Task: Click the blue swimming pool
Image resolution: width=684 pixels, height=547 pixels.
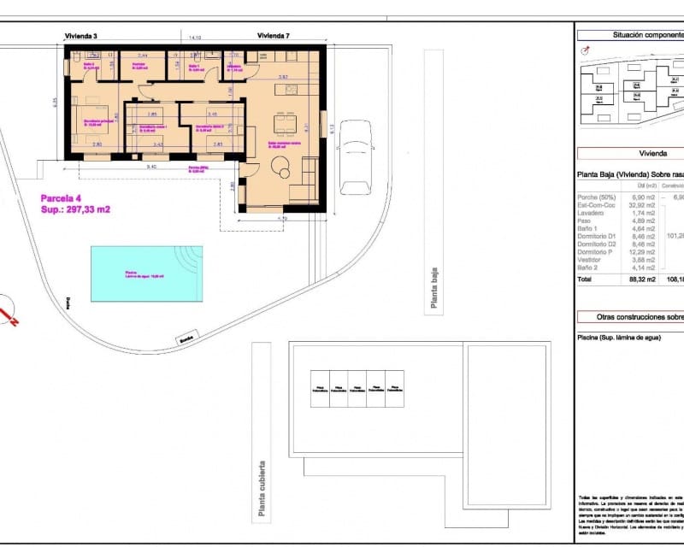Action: coord(146,273)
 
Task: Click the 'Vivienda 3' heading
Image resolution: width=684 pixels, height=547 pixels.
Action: coord(81,36)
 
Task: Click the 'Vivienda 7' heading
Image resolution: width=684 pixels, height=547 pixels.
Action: coord(274,36)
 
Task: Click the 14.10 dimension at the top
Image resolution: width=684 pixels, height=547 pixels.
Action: coord(194,38)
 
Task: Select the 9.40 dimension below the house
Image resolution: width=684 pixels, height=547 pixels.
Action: coord(151,166)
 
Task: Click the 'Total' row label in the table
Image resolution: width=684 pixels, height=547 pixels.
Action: coord(585,279)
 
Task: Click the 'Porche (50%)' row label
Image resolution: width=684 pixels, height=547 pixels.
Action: coord(594,197)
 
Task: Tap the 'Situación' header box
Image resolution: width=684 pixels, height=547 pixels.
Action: coord(631,35)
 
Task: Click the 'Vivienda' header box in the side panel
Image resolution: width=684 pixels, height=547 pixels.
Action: coord(631,154)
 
